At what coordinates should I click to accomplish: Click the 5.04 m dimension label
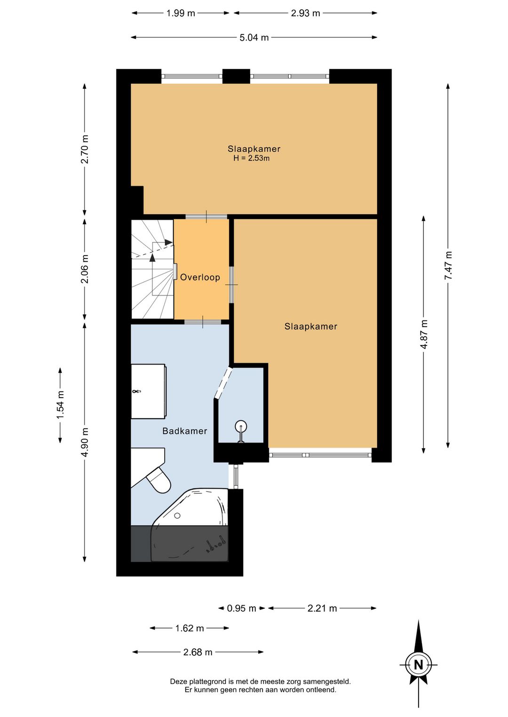(254, 38)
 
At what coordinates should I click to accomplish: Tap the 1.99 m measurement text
(181, 13)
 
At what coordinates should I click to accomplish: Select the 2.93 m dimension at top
(305, 13)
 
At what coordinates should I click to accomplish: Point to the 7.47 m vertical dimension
(448, 265)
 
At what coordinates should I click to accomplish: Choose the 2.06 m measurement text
(85, 269)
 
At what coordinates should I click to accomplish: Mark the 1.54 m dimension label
(60, 405)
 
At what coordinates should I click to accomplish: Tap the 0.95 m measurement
(241, 608)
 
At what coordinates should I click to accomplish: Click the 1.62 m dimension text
(190, 628)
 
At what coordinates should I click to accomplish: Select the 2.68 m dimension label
(198, 652)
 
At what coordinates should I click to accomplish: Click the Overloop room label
(200, 277)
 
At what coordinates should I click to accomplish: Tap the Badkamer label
(184, 431)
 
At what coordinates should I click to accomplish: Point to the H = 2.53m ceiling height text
(251, 158)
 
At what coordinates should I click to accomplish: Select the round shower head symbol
(241, 426)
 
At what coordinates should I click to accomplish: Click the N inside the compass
(418, 665)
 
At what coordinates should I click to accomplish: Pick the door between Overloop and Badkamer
(203, 322)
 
